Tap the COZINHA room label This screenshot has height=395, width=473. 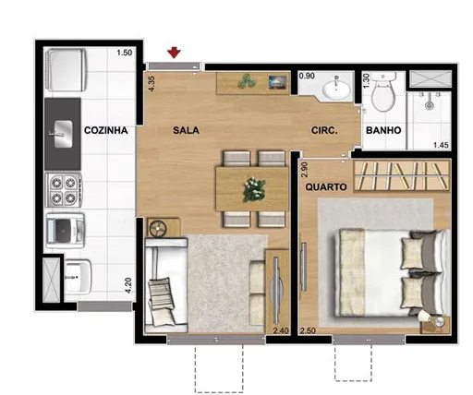(104, 131)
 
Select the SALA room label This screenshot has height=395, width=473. (185, 131)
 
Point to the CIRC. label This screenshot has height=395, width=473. (323, 131)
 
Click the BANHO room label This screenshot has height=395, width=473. (383, 131)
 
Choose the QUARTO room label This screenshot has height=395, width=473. (326, 186)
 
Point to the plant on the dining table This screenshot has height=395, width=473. (252, 189)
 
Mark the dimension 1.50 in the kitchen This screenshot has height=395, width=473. (125, 54)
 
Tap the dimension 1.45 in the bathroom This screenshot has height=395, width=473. (442, 146)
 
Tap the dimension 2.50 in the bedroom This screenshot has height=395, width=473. (309, 329)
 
